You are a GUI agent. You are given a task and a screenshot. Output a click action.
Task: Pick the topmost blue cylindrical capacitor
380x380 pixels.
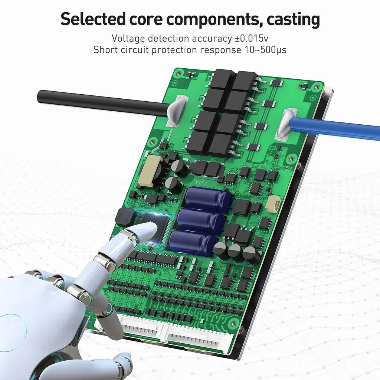tap(209, 199)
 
